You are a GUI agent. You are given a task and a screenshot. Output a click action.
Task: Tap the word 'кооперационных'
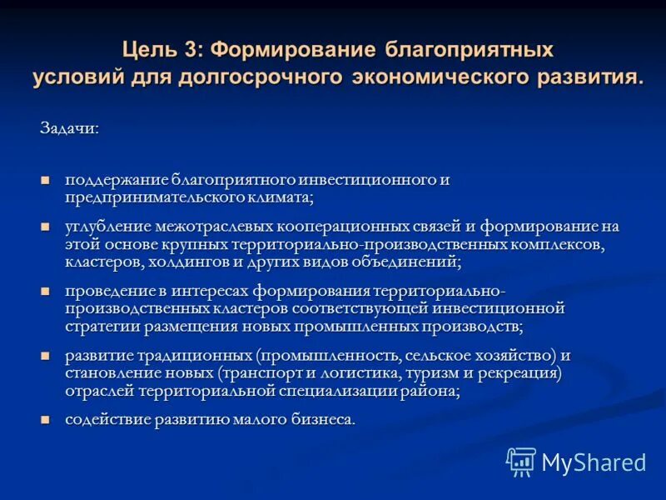(349, 227)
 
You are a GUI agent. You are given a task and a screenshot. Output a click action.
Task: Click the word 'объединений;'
(407, 262)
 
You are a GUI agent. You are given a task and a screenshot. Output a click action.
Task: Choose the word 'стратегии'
(101, 326)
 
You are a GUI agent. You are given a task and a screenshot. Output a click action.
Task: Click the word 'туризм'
(439, 373)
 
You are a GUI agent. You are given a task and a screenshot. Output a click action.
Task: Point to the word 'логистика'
(370, 373)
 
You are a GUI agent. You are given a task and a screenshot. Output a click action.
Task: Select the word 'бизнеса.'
(320, 420)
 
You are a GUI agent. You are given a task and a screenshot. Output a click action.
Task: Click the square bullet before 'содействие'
(46, 418)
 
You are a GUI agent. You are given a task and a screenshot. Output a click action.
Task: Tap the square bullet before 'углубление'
(46, 226)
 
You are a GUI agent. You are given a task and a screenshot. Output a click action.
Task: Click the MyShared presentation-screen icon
(521, 461)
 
